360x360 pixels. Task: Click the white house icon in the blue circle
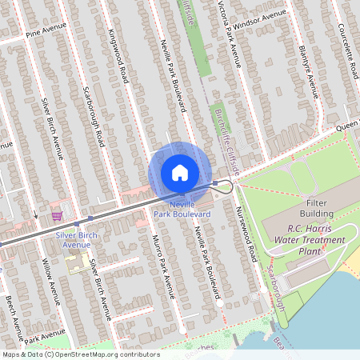pos(180,172)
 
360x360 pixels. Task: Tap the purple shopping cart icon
pos(57,215)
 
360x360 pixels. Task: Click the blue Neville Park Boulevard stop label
pos(183,210)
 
